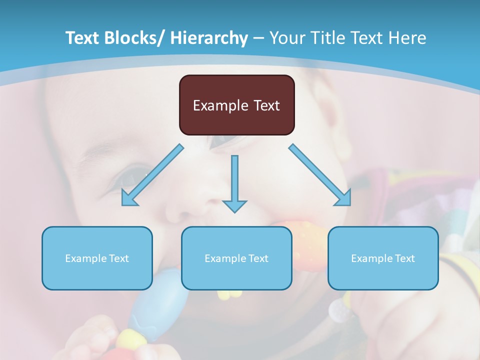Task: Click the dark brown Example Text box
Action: [x=236, y=105]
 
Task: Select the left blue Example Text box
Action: [x=97, y=258]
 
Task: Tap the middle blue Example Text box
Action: [x=236, y=258]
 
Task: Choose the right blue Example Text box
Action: [x=383, y=258]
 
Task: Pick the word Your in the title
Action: [x=286, y=38]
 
